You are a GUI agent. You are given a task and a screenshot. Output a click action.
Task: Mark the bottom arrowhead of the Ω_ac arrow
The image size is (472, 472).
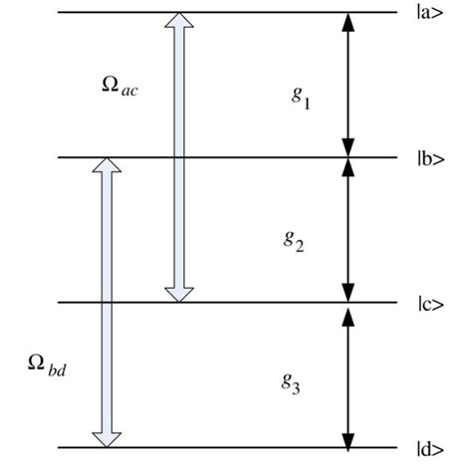tap(178, 293)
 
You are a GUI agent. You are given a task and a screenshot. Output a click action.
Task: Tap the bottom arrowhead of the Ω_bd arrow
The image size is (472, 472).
tap(105, 438)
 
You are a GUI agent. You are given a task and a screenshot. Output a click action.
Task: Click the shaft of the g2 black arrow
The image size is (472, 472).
tap(348, 229)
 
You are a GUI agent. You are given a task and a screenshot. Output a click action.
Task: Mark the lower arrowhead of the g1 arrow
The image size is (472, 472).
tap(348, 146)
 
